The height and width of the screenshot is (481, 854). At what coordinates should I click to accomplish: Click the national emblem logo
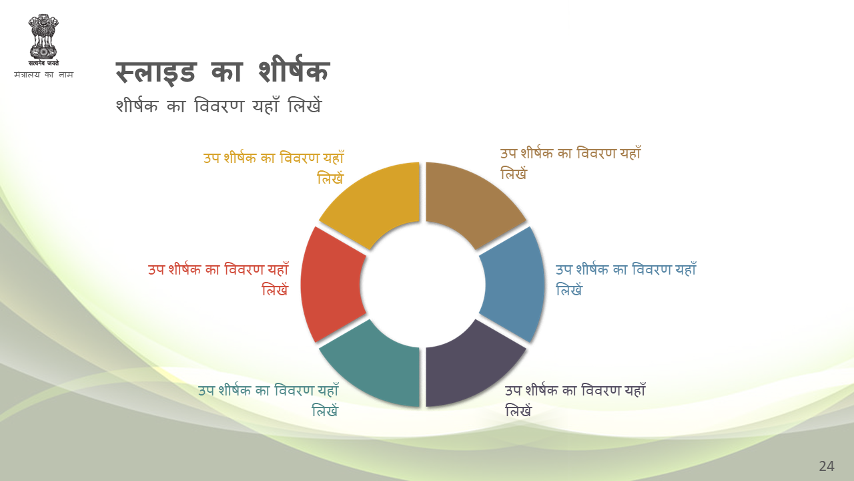coord(43,40)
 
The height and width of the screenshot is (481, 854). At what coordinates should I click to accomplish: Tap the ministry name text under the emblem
coord(43,74)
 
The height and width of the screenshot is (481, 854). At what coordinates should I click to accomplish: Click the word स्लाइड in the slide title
coord(156,72)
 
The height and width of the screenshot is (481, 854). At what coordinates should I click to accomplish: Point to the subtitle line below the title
coord(219,105)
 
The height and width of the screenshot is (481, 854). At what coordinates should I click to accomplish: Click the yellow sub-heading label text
coord(274,167)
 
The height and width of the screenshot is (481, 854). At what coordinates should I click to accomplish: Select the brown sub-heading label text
coord(570,163)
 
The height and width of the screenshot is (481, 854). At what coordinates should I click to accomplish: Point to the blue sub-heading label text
coord(626,279)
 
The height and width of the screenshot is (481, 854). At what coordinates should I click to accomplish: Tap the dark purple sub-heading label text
coord(575,400)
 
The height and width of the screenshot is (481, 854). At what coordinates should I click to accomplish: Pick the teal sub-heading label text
coord(268,400)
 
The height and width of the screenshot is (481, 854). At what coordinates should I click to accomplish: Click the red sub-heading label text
coord(218,279)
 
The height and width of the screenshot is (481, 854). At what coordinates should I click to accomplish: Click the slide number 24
coord(827,466)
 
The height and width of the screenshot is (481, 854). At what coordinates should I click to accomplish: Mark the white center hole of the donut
coord(422,285)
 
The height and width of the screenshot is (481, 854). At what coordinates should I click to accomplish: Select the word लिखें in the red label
coord(275,290)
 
